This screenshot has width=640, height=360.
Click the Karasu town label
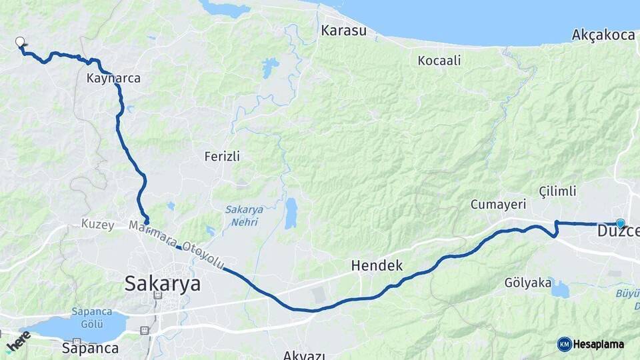343,31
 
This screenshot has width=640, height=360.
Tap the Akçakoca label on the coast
603,35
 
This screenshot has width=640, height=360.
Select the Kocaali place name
439,61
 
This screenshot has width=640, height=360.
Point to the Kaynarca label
113,78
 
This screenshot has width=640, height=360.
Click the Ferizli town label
222,157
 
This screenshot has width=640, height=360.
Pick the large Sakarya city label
162,283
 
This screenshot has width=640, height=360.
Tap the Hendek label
377,266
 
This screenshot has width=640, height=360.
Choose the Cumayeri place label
499,204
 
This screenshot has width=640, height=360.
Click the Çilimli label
557,191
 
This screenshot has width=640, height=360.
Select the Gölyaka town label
529,283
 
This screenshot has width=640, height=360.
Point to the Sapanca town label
90,348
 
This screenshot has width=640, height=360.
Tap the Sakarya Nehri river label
244,215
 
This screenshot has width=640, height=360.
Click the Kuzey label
99,223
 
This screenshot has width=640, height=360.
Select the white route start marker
20,42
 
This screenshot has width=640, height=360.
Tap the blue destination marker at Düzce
621,224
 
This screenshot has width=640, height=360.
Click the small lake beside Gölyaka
560,289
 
